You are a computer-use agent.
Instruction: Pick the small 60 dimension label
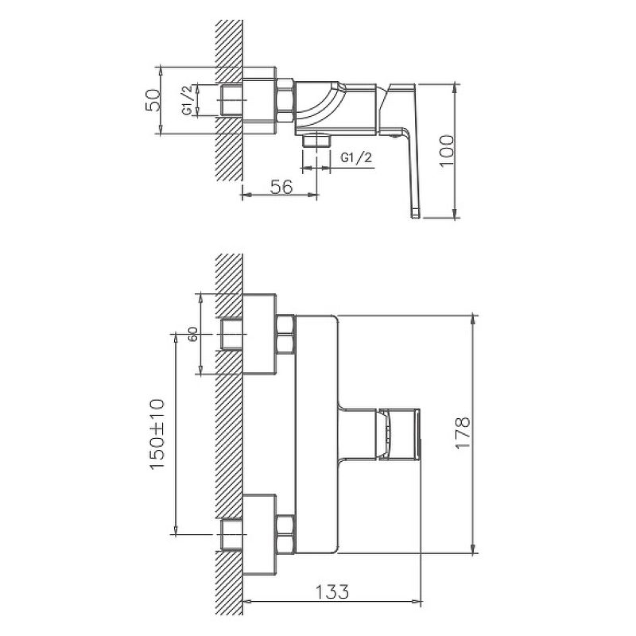[x=192, y=334]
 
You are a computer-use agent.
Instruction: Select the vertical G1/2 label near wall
[x=186, y=100]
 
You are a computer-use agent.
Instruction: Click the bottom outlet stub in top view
[x=317, y=141]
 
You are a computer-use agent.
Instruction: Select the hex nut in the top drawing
[x=285, y=100]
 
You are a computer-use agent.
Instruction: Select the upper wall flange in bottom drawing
[x=258, y=334]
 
